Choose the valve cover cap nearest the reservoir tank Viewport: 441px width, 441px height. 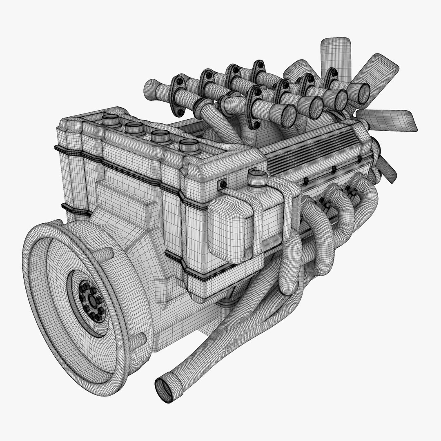pos(189,146)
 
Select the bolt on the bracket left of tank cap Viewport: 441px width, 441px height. pos(223,184)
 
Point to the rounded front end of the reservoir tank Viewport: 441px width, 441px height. pos(227,229)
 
